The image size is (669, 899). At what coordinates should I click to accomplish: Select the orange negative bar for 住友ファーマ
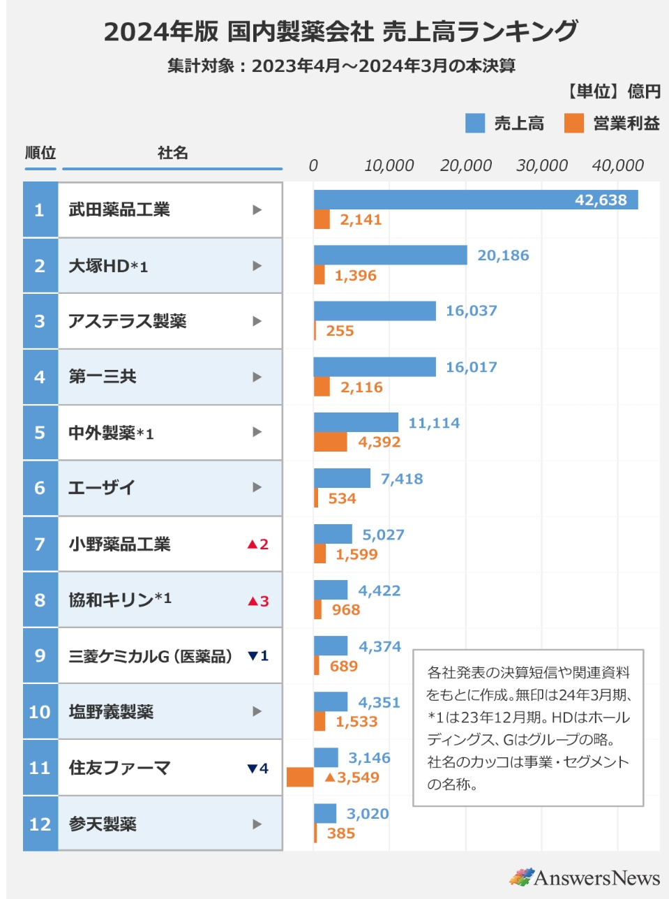[300, 777]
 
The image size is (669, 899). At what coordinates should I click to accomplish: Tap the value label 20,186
[503, 255]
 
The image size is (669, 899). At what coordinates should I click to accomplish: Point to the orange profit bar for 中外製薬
[330, 442]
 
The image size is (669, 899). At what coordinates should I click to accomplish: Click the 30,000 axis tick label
[541, 165]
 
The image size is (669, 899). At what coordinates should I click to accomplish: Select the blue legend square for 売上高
[475, 124]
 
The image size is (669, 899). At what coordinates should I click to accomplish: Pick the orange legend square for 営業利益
[574, 124]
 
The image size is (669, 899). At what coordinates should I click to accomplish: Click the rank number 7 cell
[40, 544]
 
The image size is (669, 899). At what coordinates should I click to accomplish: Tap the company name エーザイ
[102, 488]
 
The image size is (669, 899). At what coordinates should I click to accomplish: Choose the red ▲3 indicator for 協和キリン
[257, 600]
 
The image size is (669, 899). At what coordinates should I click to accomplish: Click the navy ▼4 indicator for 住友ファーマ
[257, 768]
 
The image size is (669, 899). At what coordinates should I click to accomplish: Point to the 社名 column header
[172, 153]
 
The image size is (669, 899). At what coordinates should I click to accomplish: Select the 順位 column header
[40, 153]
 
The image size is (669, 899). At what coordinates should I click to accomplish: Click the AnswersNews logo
[584, 877]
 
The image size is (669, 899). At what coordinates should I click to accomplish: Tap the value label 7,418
[401, 479]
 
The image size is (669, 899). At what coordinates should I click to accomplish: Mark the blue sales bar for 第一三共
[375, 366]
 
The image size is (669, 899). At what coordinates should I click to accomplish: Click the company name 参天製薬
[103, 824]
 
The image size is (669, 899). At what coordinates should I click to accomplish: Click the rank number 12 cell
[40, 824]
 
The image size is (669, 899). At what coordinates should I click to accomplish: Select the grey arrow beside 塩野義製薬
[257, 711]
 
